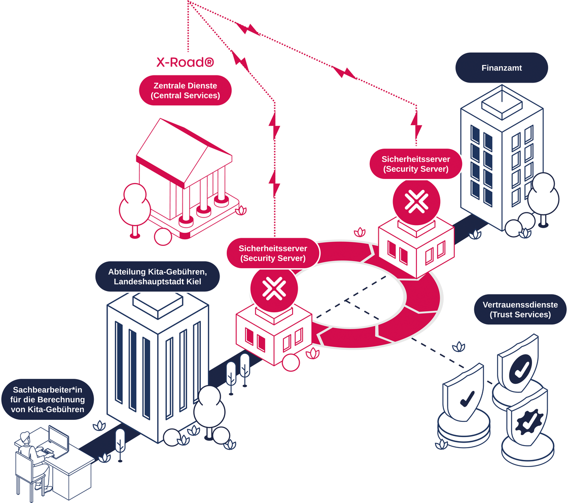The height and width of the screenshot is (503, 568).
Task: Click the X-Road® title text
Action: pyautogui.click(x=185, y=63)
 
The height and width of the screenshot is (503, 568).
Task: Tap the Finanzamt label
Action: pyautogui.click(x=502, y=67)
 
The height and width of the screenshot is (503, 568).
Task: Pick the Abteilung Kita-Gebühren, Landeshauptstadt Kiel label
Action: pyautogui.click(x=157, y=276)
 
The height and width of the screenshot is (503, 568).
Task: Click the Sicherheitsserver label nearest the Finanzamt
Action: pyautogui.click(x=416, y=164)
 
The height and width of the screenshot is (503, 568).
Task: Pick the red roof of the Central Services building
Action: pyautogui.click(x=172, y=147)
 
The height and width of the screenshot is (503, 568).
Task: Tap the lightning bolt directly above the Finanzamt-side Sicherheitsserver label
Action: pyautogui.click(x=416, y=125)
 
